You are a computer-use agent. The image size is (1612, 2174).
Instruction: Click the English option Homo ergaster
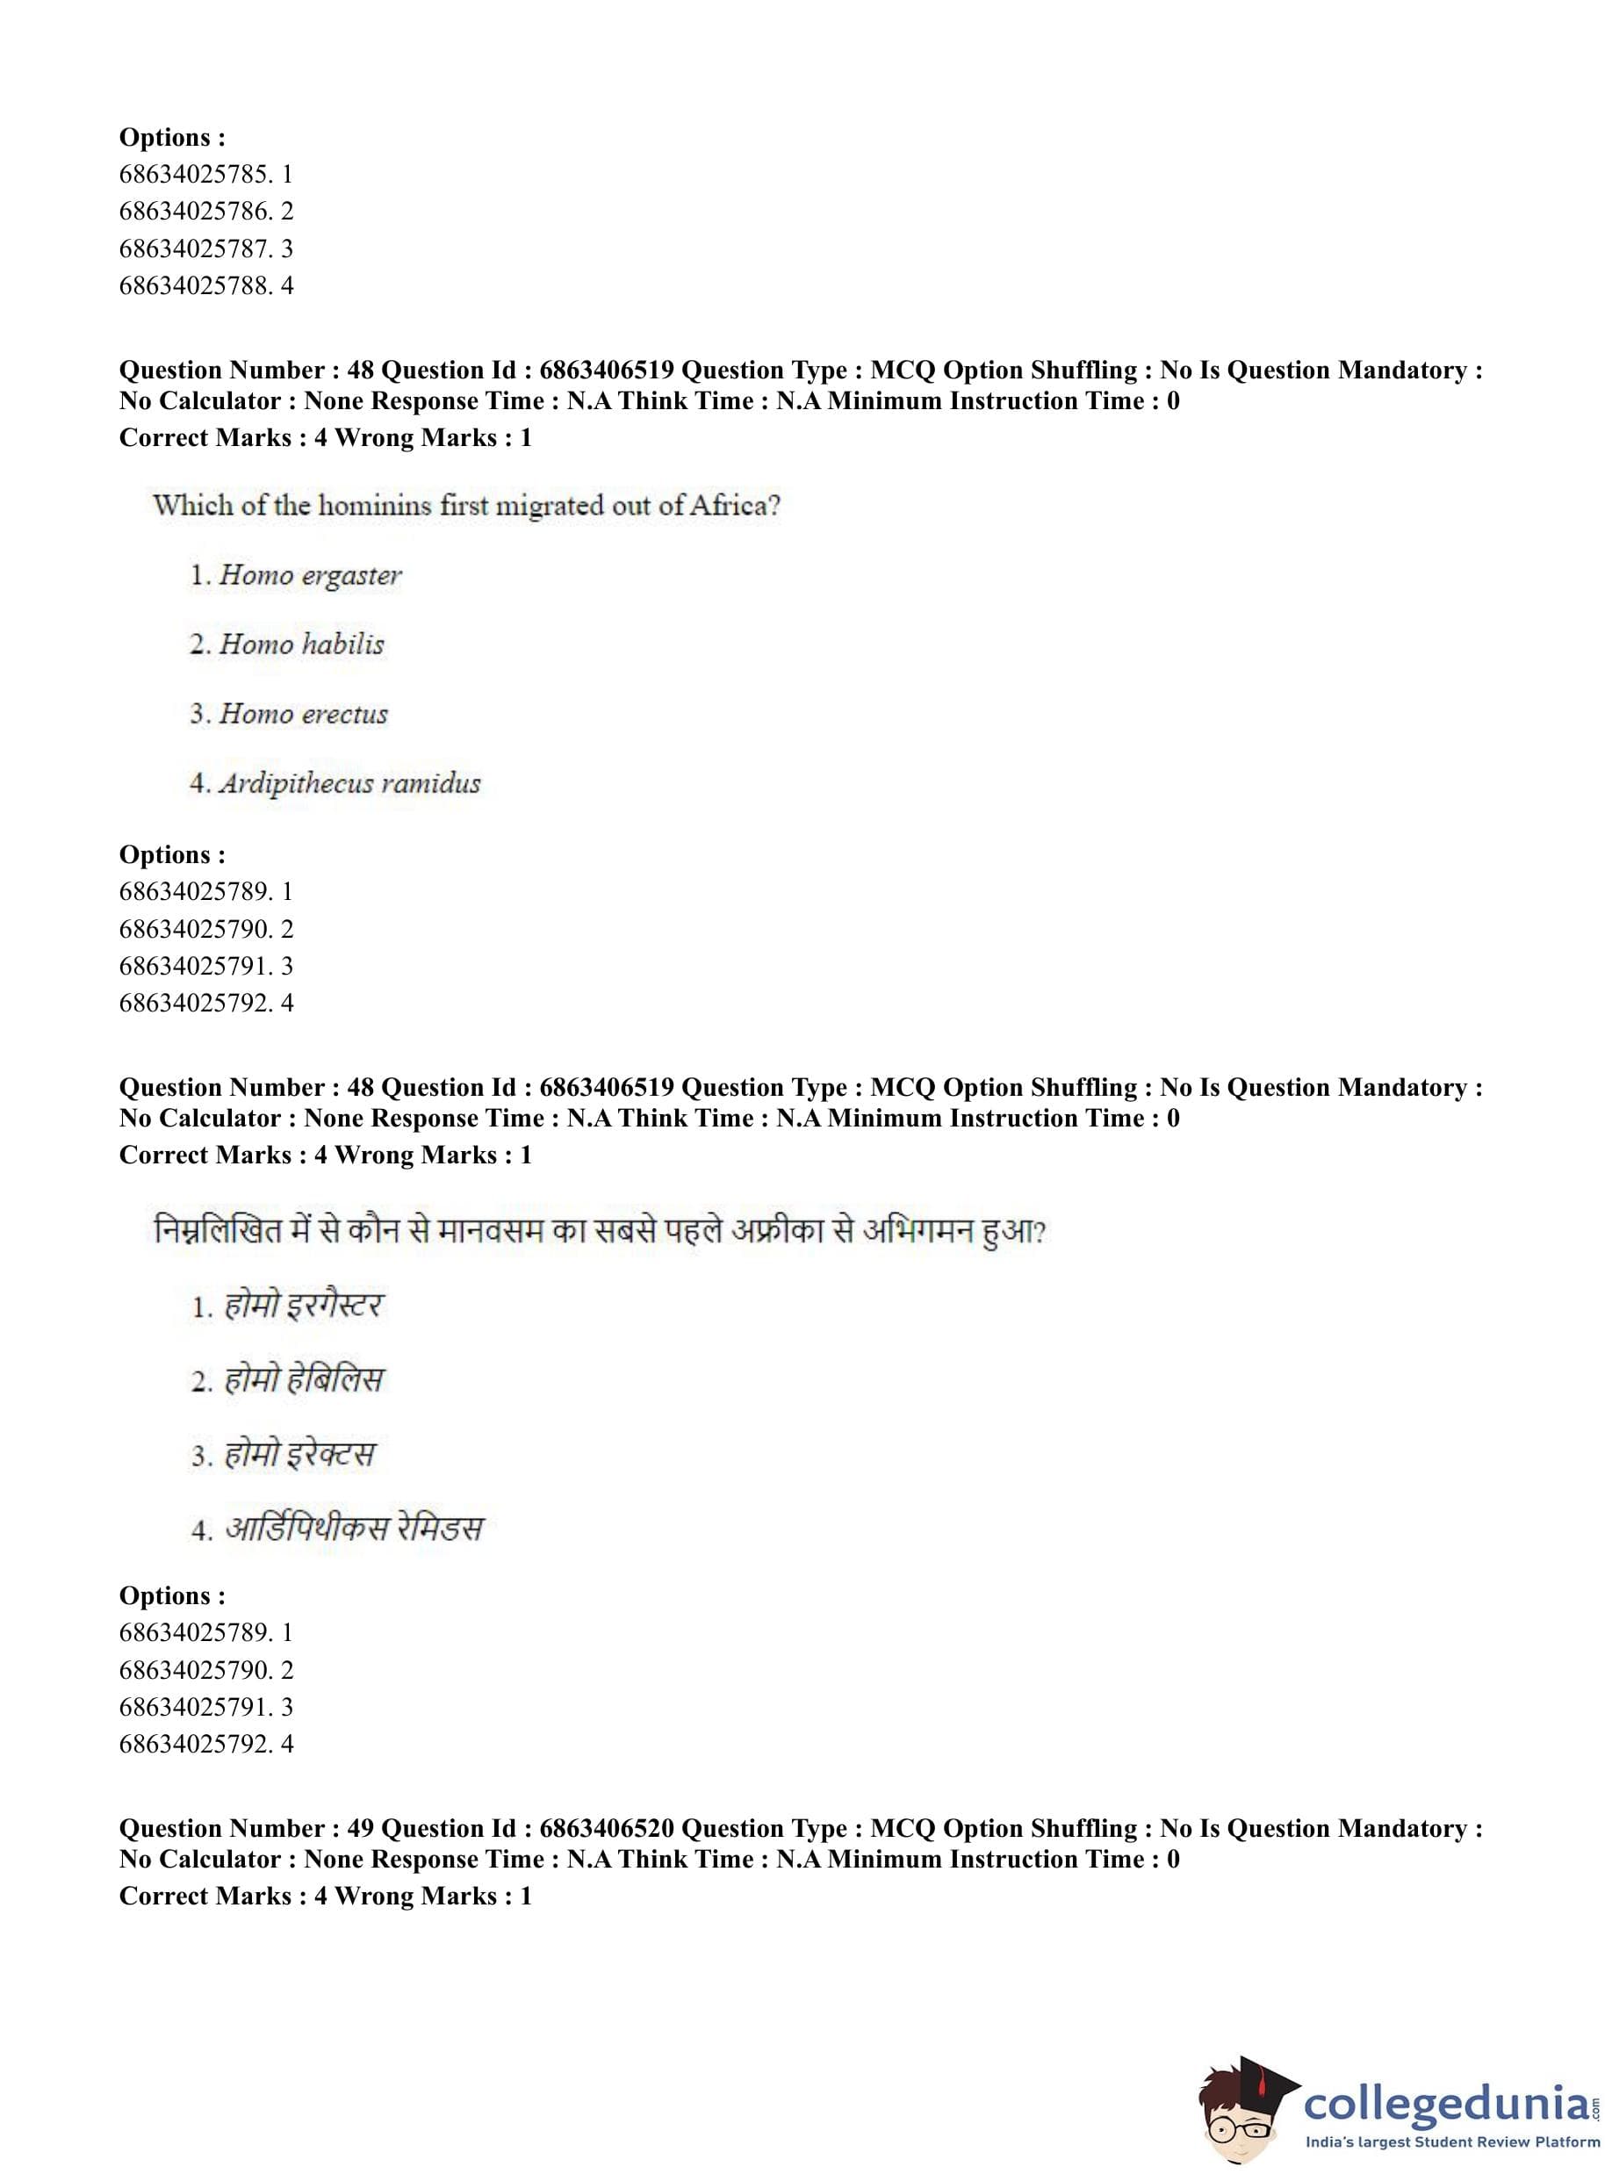click(309, 576)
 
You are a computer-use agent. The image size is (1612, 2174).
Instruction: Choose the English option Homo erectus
click(303, 714)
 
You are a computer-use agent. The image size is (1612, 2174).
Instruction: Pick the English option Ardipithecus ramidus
click(349, 783)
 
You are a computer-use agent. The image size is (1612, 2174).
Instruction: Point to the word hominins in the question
click(375, 506)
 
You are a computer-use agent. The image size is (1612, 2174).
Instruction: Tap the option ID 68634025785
click(195, 175)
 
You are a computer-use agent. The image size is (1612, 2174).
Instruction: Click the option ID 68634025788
click(195, 286)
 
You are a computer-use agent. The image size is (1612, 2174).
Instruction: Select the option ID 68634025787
click(195, 248)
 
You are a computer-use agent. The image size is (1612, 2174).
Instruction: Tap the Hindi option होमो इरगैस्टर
click(304, 1306)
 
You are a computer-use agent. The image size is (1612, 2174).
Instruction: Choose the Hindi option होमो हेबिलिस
click(304, 1379)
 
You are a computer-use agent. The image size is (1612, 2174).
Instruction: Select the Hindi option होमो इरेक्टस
click(299, 1454)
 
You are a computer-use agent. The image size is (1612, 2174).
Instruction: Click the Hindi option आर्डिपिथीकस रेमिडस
click(353, 1528)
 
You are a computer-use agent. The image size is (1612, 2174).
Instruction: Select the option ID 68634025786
click(195, 212)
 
